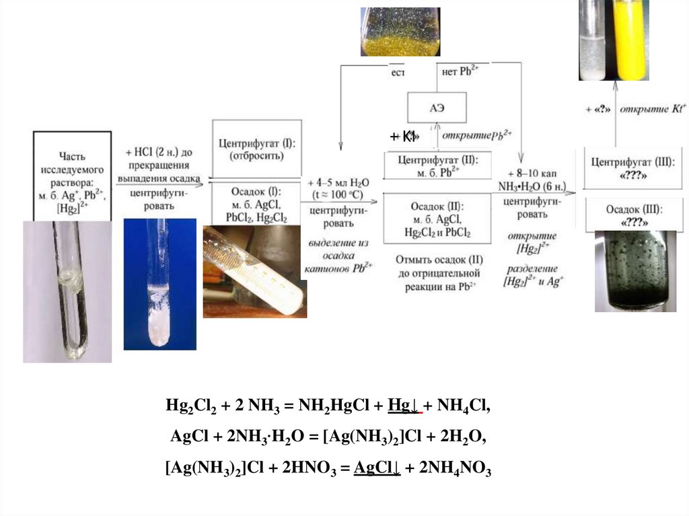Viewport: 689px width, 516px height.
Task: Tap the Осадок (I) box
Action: point(256,202)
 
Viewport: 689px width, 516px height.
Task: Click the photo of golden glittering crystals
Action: point(400,32)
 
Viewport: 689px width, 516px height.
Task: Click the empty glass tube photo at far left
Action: point(67,291)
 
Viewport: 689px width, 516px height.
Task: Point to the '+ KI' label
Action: point(403,137)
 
